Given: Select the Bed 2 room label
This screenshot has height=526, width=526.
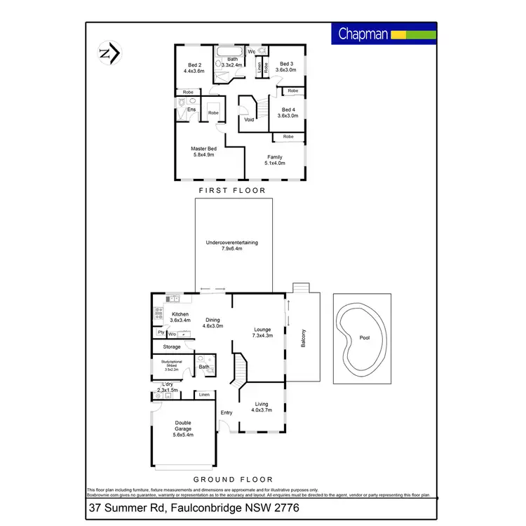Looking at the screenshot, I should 194,67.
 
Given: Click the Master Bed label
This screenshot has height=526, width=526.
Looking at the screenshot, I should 203,151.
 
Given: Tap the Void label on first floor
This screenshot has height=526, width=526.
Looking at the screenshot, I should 249,119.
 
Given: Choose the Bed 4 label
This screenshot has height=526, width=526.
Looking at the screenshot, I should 289,113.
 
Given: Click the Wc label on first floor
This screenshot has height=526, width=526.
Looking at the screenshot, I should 250,51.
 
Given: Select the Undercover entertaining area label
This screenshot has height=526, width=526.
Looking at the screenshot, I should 232,245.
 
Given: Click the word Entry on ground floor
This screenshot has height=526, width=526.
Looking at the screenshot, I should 227,412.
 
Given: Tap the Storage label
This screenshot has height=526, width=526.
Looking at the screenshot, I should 172,346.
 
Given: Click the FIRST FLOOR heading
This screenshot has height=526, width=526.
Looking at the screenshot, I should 232,190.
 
